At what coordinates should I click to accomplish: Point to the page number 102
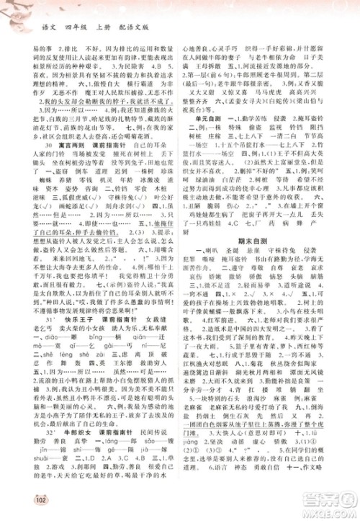[21, 499]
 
